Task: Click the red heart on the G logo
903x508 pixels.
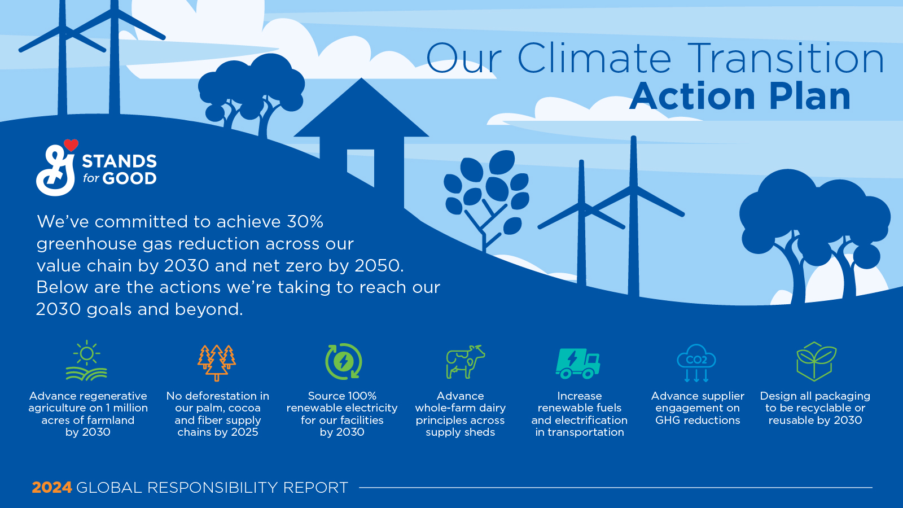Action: pyautogui.click(x=71, y=145)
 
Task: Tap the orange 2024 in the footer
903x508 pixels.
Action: pyautogui.click(x=52, y=488)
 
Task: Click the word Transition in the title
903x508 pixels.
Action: pyautogui.click(x=786, y=59)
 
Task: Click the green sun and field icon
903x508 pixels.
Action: pyautogui.click(x=86, y=361)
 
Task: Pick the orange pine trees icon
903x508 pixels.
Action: pyautogui.click(x=217, y=362)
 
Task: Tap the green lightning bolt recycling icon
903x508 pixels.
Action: pyautogui.click(x=343, y=361)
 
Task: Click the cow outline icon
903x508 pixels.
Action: pyautogui.click(x=465, y=361)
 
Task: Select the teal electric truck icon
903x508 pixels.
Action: pyautogui.click(x=578, y=362)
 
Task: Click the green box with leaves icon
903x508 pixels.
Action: pyautogui.click(x=816, y=361)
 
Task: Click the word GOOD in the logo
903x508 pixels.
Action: pyautogui.click(x=129, y=179)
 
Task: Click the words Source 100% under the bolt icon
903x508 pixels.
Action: pyautogui.click(x=342, y=396)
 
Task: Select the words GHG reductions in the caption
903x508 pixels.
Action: pyautogui.click(x=698, y=421)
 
